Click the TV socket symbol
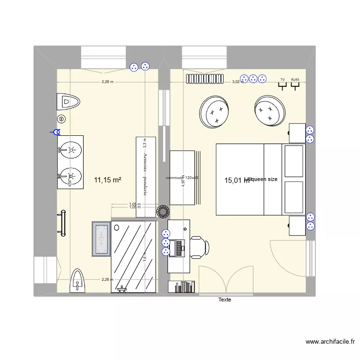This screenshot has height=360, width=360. coord(283,84)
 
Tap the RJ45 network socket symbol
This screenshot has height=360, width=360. coord(295,84)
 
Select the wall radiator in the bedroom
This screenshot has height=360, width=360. coord(206,78)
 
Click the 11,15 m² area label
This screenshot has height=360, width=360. coord(107,180)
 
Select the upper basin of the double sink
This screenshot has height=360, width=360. coord(71,149)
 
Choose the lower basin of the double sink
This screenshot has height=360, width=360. coord(71,175)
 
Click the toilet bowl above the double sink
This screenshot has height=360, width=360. coord(68,101)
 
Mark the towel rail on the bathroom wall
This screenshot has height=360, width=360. coord(61,224)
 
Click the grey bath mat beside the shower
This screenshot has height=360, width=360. coord(101,239)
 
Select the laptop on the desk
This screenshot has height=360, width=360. coord(179,248)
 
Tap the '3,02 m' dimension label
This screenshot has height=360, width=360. coord(238,82)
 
